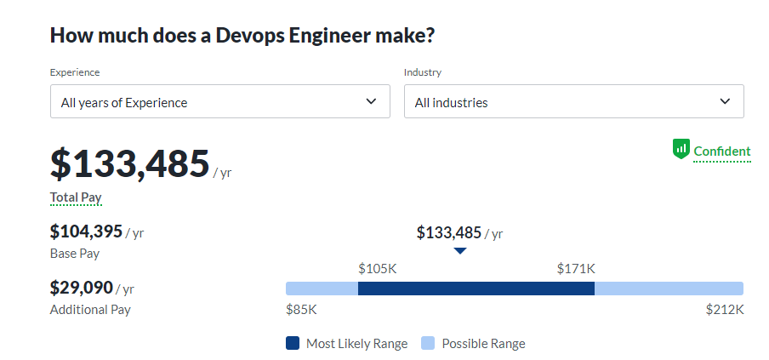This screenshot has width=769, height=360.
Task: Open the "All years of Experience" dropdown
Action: pyautogui.click(x=219, y=101)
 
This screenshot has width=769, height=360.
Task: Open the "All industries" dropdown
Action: pyautogui.click(x=573, y=101)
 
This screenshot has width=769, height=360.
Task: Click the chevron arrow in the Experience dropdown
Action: pyautogui.click(x=371, y=101)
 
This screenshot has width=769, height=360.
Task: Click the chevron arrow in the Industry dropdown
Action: pyautogui.click(x=725, y=101)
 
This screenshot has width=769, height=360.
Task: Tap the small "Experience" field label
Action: pyautogui.click(x=75, y=72)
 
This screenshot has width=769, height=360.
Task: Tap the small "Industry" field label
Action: pyautogui.click(x=423, y=72)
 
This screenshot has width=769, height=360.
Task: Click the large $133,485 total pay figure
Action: pyautogui.click(x=129, y=163)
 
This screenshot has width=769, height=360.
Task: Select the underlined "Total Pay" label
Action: pyautogui.click(x=76, y=197)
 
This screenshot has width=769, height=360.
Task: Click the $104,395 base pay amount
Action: pyautogui.click(x=86, y=231)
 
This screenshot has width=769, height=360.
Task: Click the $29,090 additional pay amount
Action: pyautogui.click(x=81, y=288)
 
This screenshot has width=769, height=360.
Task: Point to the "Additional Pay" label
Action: pyautogui.click(x=90, y=310)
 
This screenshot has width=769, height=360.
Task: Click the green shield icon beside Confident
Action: pyautogui.click(x=681, y=150)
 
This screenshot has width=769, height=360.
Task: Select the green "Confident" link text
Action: pyautogui.click(x=722, y=151)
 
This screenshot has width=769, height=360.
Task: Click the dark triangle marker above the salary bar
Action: pyautogui.click(x=460, y=251)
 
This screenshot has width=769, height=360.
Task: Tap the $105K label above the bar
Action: pyautogui.click(x=378, y=269)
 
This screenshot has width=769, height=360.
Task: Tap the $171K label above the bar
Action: pyautogui.click(x=576, y=269)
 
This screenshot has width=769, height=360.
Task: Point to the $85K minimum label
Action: pyautogui.click(x=301, y=310)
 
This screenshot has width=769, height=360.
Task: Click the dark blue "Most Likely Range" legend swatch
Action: pyautogui.click(x=293, y=344)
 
